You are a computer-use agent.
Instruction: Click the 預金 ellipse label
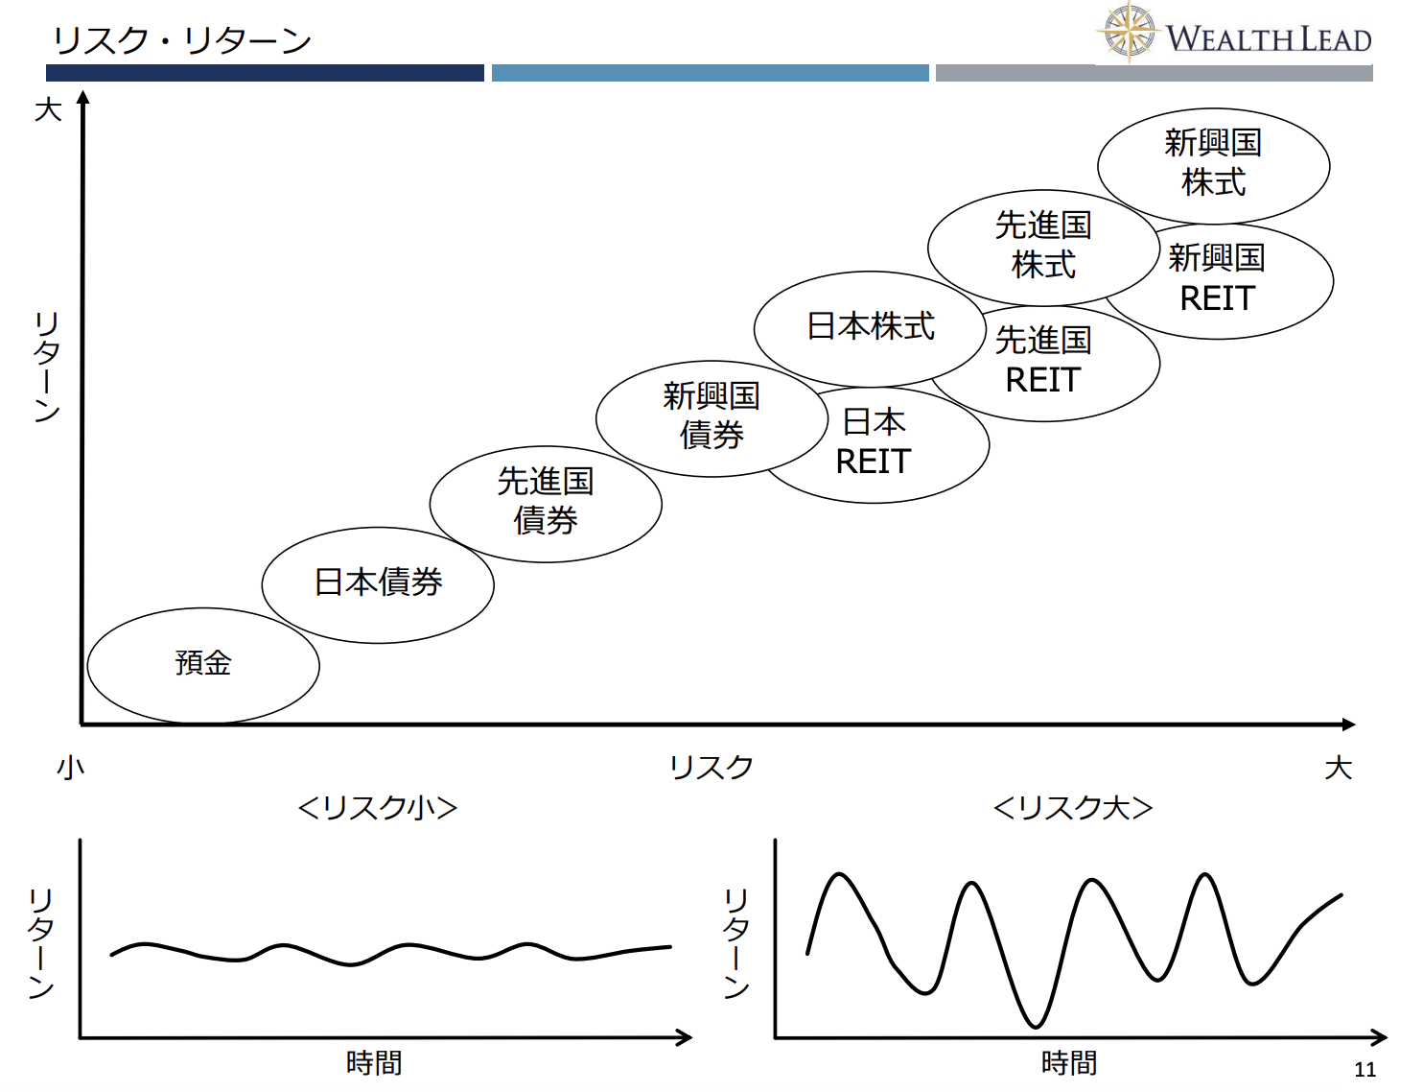(x=203, y=662)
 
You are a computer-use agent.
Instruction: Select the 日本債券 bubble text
(x=379, y=582)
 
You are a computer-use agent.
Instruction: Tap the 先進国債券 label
(x=546, y=501)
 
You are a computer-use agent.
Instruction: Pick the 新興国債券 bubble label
(x=711, y=415)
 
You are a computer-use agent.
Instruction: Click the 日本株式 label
(x=871, y=326)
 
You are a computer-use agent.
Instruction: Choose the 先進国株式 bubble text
(x=1043, y=245)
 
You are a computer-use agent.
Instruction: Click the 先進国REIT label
(x=1043, y=360)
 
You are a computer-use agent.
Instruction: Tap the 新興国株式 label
(x=1213, y=162)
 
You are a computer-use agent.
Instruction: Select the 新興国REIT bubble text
(x=1217, y=277)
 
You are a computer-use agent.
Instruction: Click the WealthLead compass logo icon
(x=1129, y=32)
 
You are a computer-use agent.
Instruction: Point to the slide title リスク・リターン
(x=181, y=40)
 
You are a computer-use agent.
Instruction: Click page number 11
(x=1365, y=1070)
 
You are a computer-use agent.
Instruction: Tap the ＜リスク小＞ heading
(x=377, y=808)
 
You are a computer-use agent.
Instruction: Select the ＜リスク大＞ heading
(x=1073, y=808)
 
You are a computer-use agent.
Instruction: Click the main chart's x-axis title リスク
(x=711, y=767)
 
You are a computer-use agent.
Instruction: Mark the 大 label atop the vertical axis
(x=48, y=109)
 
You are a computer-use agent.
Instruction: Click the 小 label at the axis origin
(x=71, y=767)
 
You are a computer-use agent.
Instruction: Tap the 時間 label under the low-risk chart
(x=374, y=1062)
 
